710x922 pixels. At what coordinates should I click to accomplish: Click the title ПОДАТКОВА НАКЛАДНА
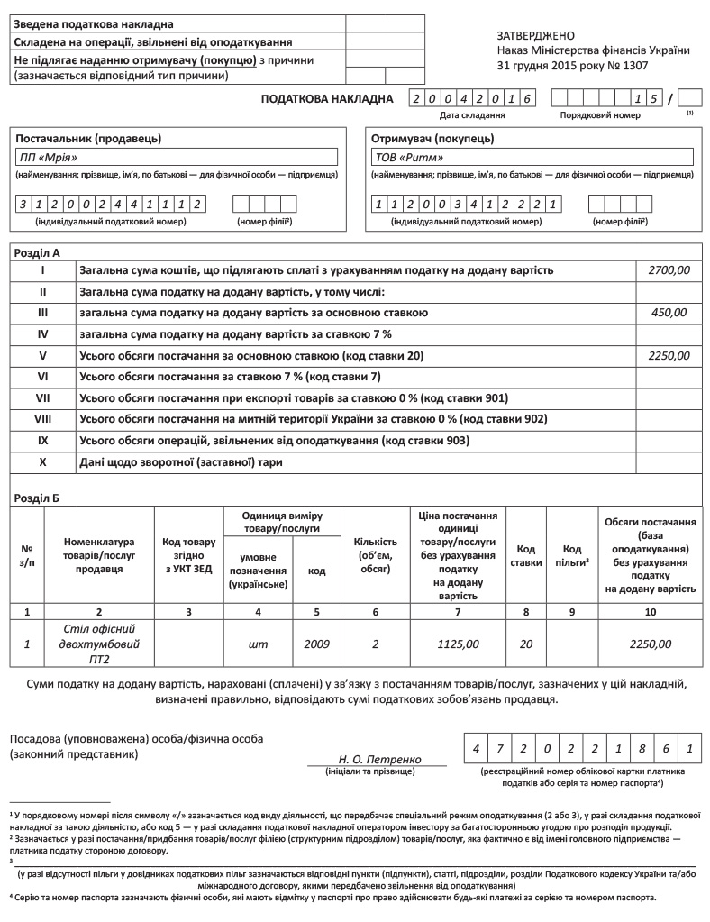[x=327, y=98]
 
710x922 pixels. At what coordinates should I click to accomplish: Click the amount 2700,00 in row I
[x=669, y=269]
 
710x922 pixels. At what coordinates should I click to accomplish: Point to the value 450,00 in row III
[x=669, y=312]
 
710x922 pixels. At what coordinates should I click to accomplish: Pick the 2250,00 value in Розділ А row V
[x=669, y=355]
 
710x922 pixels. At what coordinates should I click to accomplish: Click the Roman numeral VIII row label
[x=42, y=419]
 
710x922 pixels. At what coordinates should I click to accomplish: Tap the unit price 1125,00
[x=458, y=644]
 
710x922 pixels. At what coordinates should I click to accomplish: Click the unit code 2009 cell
[x=317, y=644]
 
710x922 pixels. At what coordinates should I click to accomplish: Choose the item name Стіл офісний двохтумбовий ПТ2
[x=100, y=644]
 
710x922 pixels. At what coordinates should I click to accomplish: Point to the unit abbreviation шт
[x=259, y=644]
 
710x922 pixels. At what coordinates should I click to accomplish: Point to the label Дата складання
[x=471, y=115]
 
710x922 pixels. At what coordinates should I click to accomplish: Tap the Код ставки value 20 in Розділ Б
[x=526, y=644]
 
